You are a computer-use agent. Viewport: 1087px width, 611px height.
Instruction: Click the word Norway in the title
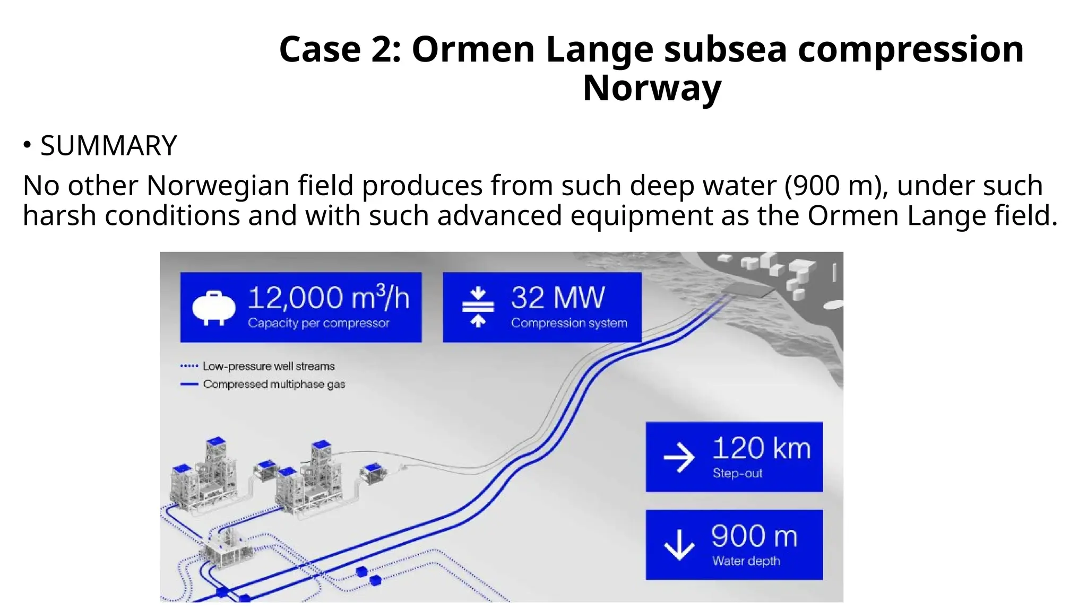tap(652, 88)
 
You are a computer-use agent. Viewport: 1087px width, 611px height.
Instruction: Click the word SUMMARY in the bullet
tap(108, 146)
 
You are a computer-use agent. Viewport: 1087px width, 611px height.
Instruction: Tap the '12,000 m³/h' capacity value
tap(329, 298)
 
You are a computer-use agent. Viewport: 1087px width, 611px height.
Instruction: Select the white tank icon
tap(213, 308)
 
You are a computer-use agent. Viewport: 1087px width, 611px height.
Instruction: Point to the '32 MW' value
tap(557, 298)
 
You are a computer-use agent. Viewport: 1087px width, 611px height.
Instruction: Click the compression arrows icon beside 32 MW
tap(478, 307)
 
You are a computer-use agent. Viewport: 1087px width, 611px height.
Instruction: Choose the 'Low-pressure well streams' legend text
tap(269, 366)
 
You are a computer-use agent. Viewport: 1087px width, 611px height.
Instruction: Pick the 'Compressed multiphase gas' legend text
tap(274, 385)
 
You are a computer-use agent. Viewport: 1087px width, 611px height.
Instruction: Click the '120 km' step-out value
tap(761, 449)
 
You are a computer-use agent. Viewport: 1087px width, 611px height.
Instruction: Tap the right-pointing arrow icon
tap(679, 457)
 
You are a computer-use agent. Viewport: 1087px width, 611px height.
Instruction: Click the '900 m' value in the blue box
tap(754, 536)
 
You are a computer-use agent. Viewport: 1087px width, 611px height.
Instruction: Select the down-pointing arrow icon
tap(679, 544)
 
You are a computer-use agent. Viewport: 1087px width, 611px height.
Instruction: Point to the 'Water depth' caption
tap(746, 561)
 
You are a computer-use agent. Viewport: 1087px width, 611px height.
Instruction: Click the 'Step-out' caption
tap(737, 473)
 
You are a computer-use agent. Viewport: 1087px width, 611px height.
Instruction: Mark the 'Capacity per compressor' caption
tap(318, 323)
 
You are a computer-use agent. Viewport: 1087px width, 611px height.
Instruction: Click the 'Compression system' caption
tap(569, 323)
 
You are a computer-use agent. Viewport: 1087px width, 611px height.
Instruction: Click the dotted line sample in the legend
tap(189, 366)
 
